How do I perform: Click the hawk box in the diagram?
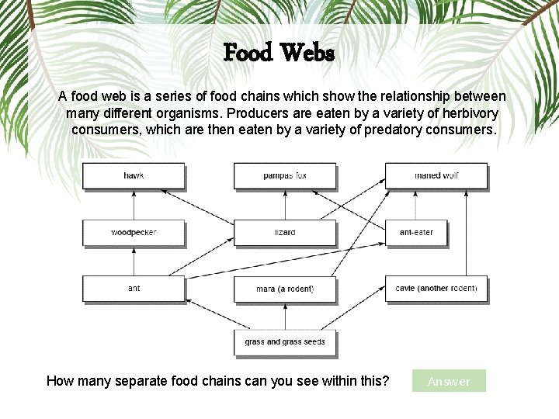coord(134,175)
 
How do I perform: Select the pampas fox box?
coord(285,175)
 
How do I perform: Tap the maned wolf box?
coord(436,175)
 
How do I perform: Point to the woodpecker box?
coord(134,232)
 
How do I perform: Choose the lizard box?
coord(285,232)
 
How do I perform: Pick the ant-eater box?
coord(417,232)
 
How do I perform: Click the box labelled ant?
coord(134,289)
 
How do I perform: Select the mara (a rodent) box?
coord(285,289)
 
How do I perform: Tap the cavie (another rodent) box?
coord(436,289)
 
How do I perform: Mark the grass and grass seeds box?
coord(285,342)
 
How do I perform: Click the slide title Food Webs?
coord(279,53)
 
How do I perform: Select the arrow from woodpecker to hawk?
coord(134,204)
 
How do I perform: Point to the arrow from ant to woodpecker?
coord(134,261)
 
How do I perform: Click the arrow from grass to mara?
coord(285,316)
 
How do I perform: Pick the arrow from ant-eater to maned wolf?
coord(417,204)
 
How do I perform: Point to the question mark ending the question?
coord(386,380)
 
